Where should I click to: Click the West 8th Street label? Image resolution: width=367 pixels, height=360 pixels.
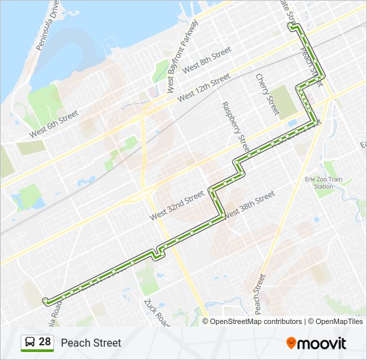[206, 59]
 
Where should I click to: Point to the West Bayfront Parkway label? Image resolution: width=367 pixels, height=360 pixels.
[182, 57]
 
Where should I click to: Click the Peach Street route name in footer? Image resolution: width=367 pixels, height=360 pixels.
[91, 343]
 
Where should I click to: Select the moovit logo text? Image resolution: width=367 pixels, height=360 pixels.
[322, 343]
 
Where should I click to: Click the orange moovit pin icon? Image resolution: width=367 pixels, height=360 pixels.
[292, 343]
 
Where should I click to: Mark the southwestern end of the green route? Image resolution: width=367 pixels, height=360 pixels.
[45, 301]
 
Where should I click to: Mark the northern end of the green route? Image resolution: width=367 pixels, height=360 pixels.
[291, 26]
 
